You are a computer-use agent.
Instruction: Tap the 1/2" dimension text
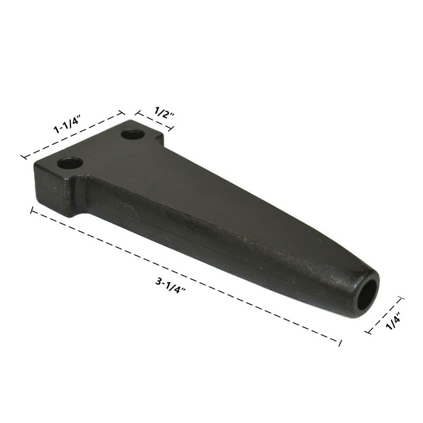tap(162, 112)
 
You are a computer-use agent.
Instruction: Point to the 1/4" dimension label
tap(393, 321)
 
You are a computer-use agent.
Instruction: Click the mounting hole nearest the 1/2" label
tap(132, 134)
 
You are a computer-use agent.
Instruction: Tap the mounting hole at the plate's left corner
tap(70, 163)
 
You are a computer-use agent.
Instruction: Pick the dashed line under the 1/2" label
tap(154, 121)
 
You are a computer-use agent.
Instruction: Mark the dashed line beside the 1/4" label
tap(384, 316)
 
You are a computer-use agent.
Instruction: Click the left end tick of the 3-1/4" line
tap(32, 210)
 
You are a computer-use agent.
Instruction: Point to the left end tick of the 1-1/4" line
tap(23, 157)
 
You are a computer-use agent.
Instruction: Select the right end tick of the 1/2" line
tap(171, 128)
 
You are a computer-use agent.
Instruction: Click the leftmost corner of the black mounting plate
tap(35, 165)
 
